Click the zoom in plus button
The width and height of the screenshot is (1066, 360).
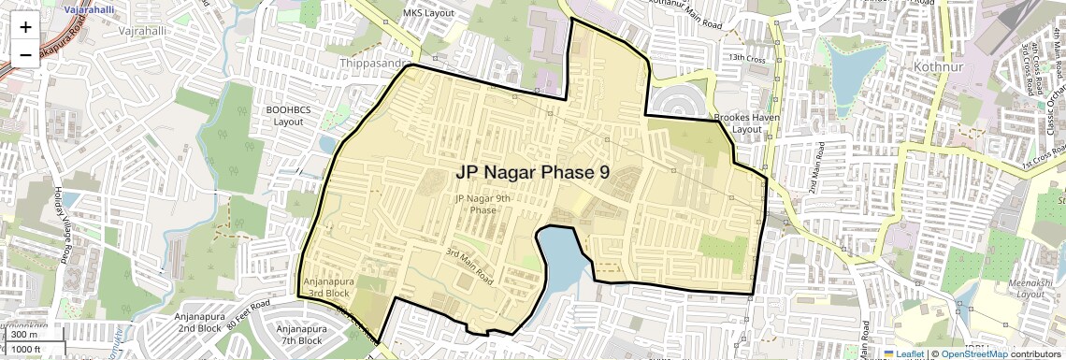(x=25, y=27)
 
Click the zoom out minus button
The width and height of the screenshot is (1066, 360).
(x=25, y=54)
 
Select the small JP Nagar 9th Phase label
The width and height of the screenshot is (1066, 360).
(x=483, y=204)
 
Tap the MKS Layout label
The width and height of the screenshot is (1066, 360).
(x=427, y=13)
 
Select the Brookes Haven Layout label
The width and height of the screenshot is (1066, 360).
(x=739, y=122)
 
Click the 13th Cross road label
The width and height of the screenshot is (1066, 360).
(x=748, y=58)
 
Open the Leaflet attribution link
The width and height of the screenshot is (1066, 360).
(x=905, y=353)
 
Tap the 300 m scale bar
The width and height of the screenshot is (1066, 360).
(x=24, y=335)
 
